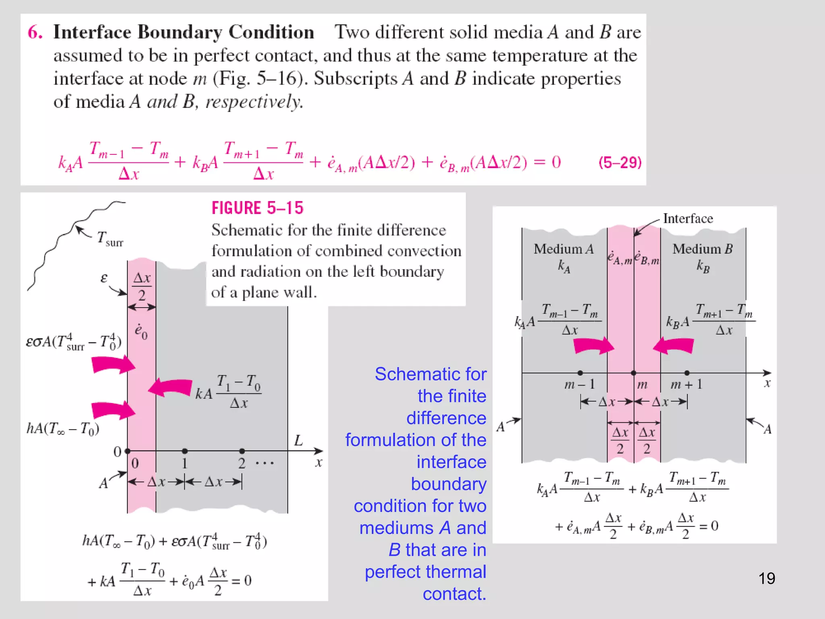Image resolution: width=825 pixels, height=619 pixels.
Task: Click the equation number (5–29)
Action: [620, 162]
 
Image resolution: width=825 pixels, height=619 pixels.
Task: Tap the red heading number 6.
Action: [35, 32]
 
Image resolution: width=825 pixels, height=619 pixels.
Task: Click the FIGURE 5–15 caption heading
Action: [257, 208]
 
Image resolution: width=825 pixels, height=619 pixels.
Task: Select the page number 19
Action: [767, 578]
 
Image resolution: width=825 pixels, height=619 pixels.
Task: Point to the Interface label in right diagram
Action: [688, 218]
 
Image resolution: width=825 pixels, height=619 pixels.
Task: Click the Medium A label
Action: [564, 249]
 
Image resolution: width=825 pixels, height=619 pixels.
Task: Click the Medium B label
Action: [703, 249]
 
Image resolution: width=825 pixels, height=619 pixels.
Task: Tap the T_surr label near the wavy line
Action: [110, 239]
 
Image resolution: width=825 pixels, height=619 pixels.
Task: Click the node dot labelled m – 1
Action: [580, 373]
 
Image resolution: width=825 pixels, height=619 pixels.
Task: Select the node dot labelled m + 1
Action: [687, 373]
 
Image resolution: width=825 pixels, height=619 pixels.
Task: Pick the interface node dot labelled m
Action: [634, 373]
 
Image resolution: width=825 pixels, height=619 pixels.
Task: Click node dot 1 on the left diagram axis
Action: [184, 451]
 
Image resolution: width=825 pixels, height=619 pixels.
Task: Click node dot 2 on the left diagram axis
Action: [242, 451]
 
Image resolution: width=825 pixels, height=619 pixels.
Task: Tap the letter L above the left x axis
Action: [298, 440]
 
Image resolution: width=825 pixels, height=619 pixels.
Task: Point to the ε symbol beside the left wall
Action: [104, 278]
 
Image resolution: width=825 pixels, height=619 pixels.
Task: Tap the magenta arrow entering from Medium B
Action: [674, 346]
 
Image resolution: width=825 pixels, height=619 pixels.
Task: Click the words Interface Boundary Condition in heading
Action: [183, 32]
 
